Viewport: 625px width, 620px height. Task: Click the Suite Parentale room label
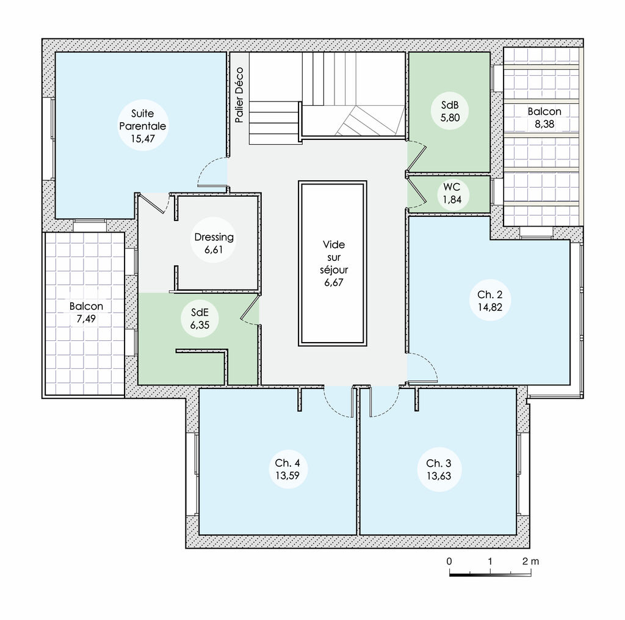point(142,120)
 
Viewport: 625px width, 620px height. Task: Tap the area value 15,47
point(142,139)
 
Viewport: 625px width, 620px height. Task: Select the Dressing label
point(214,237)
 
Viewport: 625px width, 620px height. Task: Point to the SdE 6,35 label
point(200,319)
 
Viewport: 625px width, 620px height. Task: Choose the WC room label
point(452,187)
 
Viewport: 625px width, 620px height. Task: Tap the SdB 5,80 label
point(450,111)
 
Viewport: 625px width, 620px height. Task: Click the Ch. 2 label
point(490,294)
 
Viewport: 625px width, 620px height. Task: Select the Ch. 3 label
point(438,463)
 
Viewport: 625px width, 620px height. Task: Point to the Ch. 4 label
point(287,463)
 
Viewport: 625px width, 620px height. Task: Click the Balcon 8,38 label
point(544,118)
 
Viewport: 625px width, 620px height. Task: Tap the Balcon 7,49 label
point(86,312)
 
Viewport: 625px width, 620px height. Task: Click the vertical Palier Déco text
point(239,95)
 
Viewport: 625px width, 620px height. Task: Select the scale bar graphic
point(490,574)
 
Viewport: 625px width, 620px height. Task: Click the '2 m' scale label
point(530,561)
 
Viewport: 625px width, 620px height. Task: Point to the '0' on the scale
point(449,561)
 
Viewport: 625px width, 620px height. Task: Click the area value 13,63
point(438,476)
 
